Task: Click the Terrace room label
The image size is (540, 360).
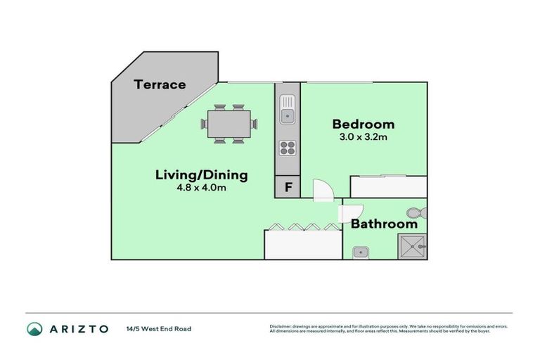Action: (x=160, y=85)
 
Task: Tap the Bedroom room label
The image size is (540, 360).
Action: (x=363, y=124)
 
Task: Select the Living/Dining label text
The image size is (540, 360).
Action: (x=201, y=174)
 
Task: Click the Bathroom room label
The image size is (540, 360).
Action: (x=384, y=224)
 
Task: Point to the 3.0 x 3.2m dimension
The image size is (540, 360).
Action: (x=363, y=137)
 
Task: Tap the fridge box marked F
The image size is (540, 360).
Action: (x=287, y=188)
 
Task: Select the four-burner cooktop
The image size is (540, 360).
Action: (x=288, y=148)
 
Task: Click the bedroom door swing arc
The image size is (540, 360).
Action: (x=322, y=189)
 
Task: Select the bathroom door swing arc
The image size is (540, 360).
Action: (x=351, y=212)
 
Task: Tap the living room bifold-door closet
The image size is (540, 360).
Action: (x=302, y=243)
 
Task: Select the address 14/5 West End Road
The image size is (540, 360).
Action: (x=158, y=328)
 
